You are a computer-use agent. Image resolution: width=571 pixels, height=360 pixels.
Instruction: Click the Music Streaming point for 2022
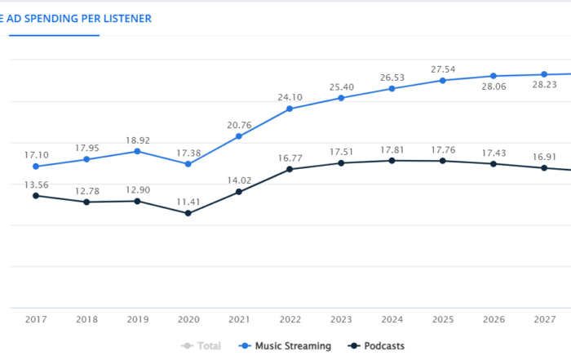[290, 109]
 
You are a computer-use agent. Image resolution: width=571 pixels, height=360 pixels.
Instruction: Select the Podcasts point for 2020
[188, 213]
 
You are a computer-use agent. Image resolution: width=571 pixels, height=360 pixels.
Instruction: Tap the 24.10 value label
[290, 96]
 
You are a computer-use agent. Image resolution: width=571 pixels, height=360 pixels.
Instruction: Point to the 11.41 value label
[188, 200]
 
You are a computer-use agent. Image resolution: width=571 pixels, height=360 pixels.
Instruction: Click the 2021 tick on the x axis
[239, 319]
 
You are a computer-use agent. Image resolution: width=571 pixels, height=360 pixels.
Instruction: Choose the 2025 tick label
[442, 319]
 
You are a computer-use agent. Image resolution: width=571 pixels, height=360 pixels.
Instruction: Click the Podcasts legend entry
[377, 346]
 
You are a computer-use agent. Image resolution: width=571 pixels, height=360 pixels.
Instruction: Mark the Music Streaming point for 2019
[137, 151]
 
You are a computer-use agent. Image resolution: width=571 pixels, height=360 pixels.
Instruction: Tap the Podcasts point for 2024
[392, 161]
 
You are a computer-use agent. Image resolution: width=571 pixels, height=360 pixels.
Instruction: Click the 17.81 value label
[392, 149]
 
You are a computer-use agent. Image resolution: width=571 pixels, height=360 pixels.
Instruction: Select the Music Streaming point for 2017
[36, 167]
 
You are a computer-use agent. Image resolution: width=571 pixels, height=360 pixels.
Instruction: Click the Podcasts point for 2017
[36, 195]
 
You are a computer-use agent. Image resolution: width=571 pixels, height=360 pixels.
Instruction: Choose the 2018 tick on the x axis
[86, 319]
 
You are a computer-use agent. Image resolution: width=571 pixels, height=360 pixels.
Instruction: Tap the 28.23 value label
[543, 84]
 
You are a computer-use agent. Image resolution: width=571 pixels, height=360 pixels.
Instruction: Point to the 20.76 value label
[239, 124]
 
